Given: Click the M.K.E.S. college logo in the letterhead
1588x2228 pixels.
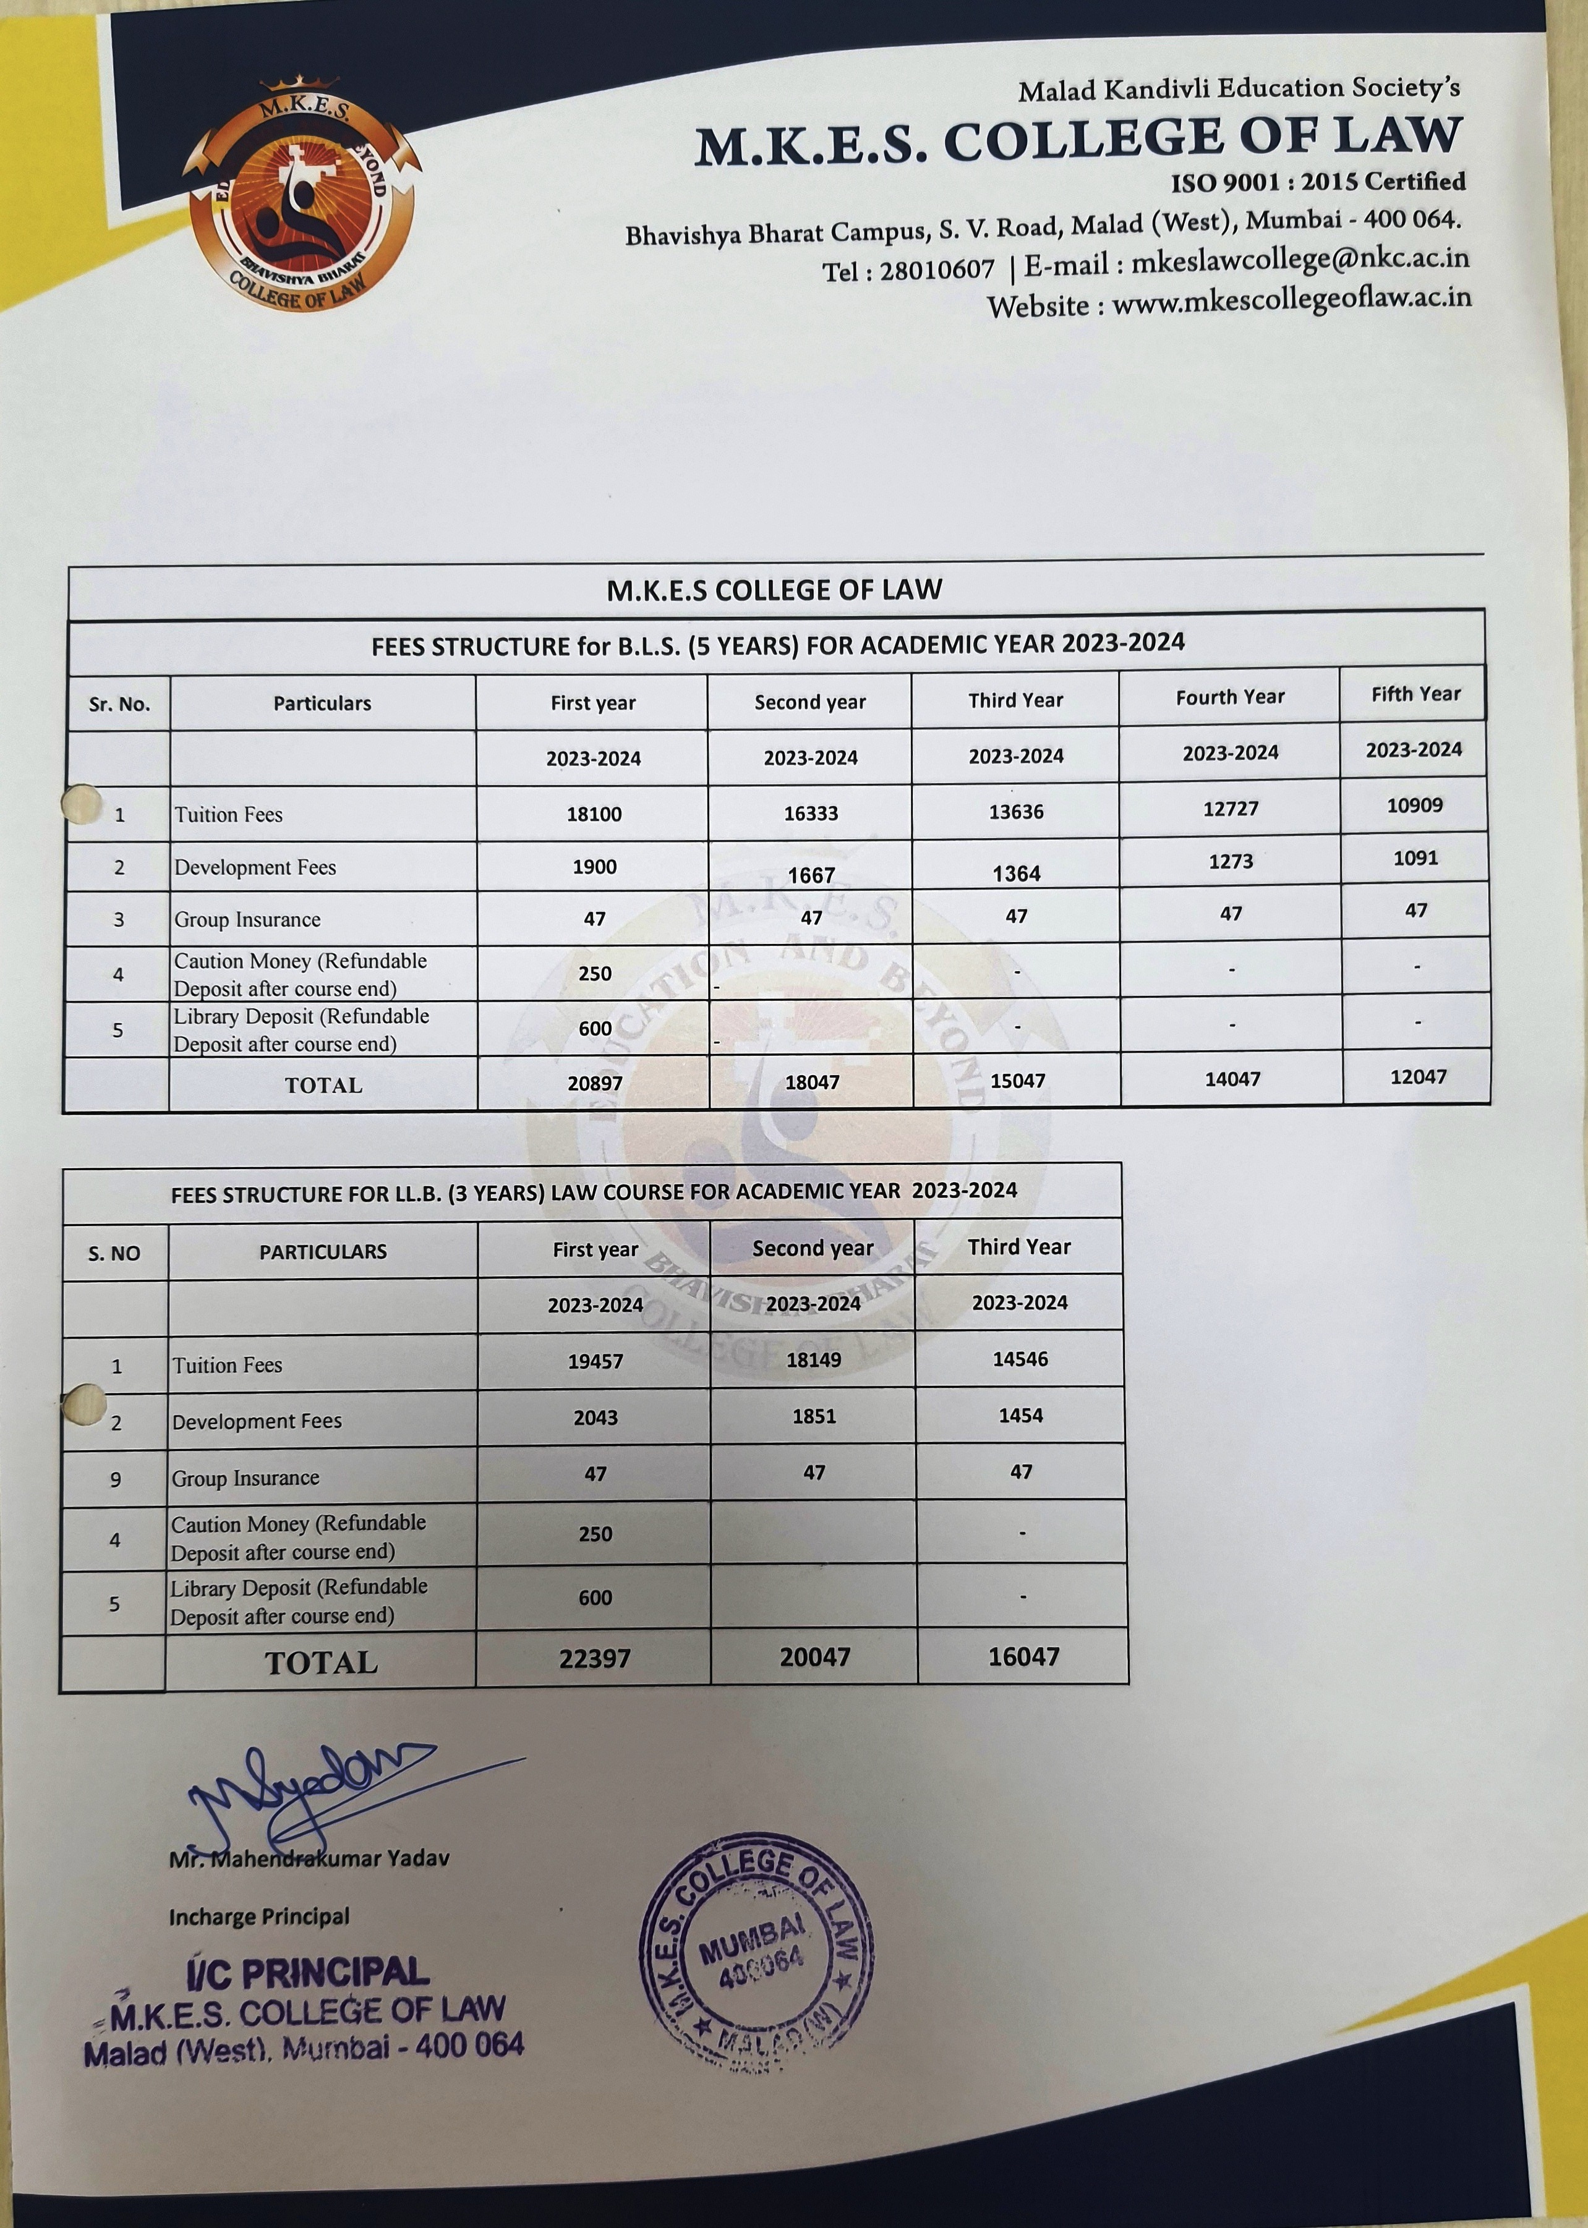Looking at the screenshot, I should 301,195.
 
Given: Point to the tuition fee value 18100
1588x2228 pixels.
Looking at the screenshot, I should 594,814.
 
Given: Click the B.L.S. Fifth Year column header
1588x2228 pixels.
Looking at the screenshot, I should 1415,694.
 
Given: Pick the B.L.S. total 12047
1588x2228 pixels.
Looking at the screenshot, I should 1417,1078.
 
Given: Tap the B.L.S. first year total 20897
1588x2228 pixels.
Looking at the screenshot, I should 594,1083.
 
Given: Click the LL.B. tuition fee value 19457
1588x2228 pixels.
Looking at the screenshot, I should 594,1361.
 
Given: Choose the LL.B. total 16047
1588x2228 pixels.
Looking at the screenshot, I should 1023,1656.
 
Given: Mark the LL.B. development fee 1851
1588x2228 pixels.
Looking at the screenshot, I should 814,1416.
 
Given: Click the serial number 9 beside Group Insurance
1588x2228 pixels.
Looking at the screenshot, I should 116,1479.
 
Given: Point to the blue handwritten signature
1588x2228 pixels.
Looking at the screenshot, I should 313,1792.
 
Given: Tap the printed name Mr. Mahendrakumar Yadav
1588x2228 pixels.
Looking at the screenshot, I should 309,1858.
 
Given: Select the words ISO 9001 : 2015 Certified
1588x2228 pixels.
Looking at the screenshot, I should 1317,182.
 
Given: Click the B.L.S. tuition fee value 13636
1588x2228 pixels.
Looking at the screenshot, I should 1016,812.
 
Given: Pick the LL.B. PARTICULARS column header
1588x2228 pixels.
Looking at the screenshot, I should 323,1251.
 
